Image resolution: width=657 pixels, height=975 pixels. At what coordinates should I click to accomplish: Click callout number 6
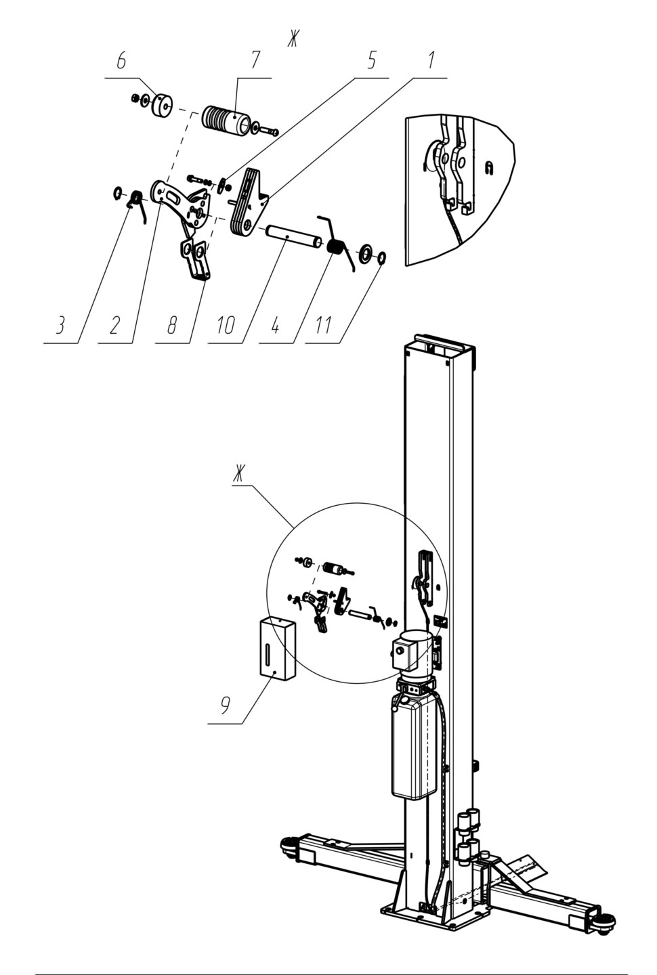click(121, 62)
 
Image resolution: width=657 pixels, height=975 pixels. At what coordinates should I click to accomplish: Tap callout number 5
click(370, 60)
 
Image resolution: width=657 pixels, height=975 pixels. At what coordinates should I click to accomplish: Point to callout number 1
click(431, 60)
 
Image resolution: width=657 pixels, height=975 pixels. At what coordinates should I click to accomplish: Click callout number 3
click(60, 325)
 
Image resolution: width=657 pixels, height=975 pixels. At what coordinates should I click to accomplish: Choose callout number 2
click(114, 325)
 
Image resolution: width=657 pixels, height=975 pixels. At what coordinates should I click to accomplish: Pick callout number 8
click(173, 325)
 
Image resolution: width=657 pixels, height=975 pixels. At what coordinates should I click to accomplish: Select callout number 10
click(226, 325)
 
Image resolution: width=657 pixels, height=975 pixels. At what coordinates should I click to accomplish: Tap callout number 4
click(275, 325)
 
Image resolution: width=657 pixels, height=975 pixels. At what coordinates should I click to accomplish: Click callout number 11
click(323, 325)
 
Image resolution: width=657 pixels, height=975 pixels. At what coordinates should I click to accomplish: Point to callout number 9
click(225, 706)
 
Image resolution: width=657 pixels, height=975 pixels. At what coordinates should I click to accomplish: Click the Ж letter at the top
click(293, 39)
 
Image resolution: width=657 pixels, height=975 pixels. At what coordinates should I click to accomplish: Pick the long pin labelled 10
click(295, 236)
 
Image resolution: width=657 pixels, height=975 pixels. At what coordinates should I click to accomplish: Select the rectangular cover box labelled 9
click(278, 648)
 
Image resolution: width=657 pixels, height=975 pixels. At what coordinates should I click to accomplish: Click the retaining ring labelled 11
click(381, 258)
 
